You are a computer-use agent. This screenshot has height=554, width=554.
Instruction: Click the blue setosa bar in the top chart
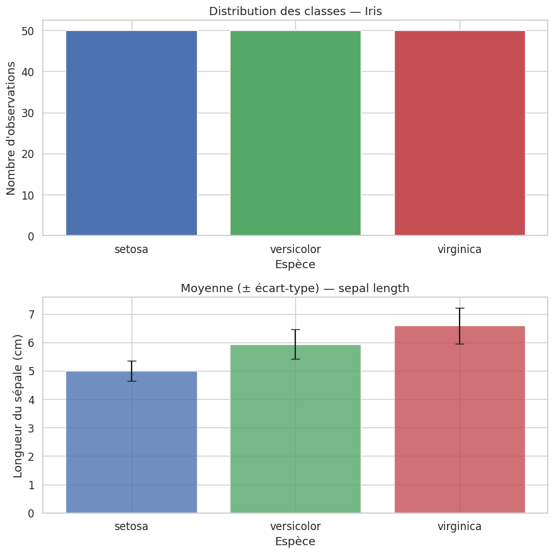(x=132, y=133)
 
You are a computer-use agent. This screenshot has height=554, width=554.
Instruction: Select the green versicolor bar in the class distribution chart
(x=295, y=133)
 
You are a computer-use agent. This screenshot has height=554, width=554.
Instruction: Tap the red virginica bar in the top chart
(x=460, y=133)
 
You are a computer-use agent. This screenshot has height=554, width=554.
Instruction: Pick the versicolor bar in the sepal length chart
(x=295, y=429)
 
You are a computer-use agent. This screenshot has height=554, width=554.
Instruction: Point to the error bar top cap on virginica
(x=460, y=308)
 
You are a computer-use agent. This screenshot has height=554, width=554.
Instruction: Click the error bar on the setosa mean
(x=132, y=371)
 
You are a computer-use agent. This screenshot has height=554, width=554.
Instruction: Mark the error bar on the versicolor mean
(x=295, y=344)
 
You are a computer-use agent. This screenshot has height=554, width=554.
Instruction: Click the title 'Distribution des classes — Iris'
(x=295, y=11)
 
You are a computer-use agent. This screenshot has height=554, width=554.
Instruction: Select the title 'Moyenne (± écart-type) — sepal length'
(x=295, y=288)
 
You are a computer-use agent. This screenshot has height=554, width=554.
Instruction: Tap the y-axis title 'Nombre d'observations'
(x=11, y=133)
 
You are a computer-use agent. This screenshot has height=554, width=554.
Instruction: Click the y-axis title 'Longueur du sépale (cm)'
(x=18, y=405)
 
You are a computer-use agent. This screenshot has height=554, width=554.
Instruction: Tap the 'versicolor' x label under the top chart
(x=295, y=249)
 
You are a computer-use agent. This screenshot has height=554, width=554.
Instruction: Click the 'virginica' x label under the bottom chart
(x=460, y=526)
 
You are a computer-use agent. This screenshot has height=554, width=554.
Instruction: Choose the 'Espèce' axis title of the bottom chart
(x=295, y=541)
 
